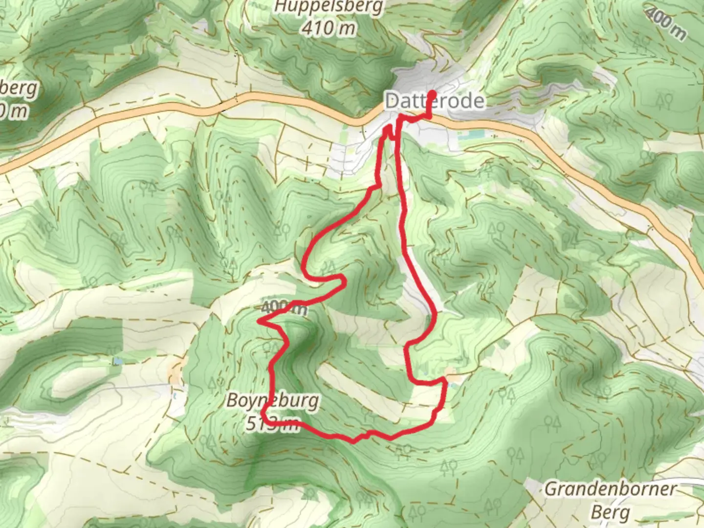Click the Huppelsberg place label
pyautogui.click(x=329, y=7)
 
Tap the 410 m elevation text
pyautogui.click(x=328, y=28)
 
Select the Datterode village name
pyautogui.click(x=435, y=102)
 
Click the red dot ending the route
pyautogui.click(x=432, y=93)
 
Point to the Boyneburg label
pyautogui.click(x=272, y=401)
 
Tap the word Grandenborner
pyautogui.click(x=611, y=488)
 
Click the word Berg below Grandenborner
pyautogui.click(x=610, y=512)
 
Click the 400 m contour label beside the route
pyautogui.click(x=284, y=308)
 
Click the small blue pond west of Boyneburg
pyautogui.click(x=118, y=361)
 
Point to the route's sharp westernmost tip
pyautogui.click(x=259, y=322)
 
